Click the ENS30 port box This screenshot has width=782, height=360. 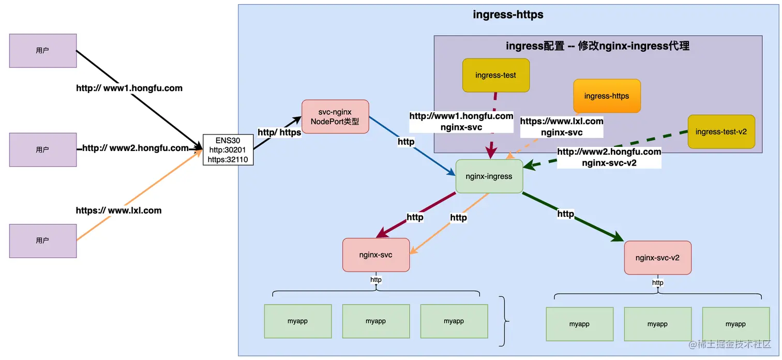(x=228, y=150)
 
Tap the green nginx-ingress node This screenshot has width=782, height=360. (x=489, y=176)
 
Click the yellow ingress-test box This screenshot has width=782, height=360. (x=495, y=75)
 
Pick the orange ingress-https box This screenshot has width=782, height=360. (x=607, y=96)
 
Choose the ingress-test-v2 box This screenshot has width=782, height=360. (x=721, y=131)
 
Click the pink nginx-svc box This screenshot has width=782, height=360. (x=375, y=254)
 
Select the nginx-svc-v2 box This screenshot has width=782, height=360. (x=657, y=258)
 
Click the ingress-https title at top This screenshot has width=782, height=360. (x=508, y=14)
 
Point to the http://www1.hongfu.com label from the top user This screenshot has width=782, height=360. (x=129, y=88)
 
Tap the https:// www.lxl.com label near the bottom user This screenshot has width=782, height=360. (x=118, y=211)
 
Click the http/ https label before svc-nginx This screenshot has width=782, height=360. (x=279, y=132)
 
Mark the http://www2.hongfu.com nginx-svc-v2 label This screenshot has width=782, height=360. (x=609, y=157)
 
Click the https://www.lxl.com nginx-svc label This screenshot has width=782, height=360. (x=562, y=127)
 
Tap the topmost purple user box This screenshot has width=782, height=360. (x=43, y=51)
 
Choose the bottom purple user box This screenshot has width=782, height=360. (x=43, y=241)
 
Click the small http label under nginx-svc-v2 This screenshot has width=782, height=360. (x=657, y=283)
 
